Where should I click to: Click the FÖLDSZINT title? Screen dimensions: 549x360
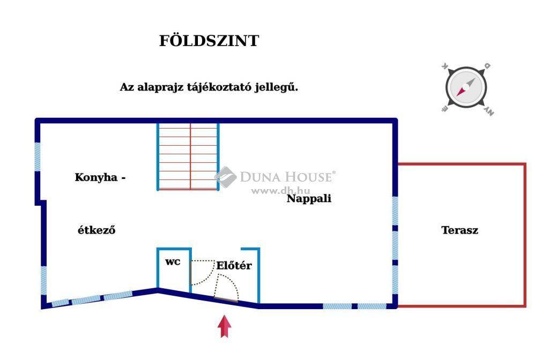point(209,40)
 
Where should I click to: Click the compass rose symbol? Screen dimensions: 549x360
point(466,87)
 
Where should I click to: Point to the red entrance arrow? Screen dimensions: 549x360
point(224,326)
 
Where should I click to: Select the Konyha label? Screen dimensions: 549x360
point(96,177)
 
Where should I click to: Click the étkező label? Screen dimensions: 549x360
point(97,230)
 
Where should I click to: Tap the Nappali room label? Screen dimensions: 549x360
point(309,199)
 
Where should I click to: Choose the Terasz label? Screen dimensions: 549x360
point(459,230)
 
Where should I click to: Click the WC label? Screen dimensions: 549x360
point(173,262)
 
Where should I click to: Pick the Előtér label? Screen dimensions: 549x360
point(234,266)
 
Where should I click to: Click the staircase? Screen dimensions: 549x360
point(188,156)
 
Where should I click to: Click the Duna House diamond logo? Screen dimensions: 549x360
point(226,177)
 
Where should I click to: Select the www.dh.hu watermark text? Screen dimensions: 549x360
point(281,191)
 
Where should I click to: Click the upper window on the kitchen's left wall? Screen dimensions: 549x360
point(37,157)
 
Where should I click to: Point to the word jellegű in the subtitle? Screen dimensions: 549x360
point(276,87)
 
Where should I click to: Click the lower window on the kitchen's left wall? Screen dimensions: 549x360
point(44,281)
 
